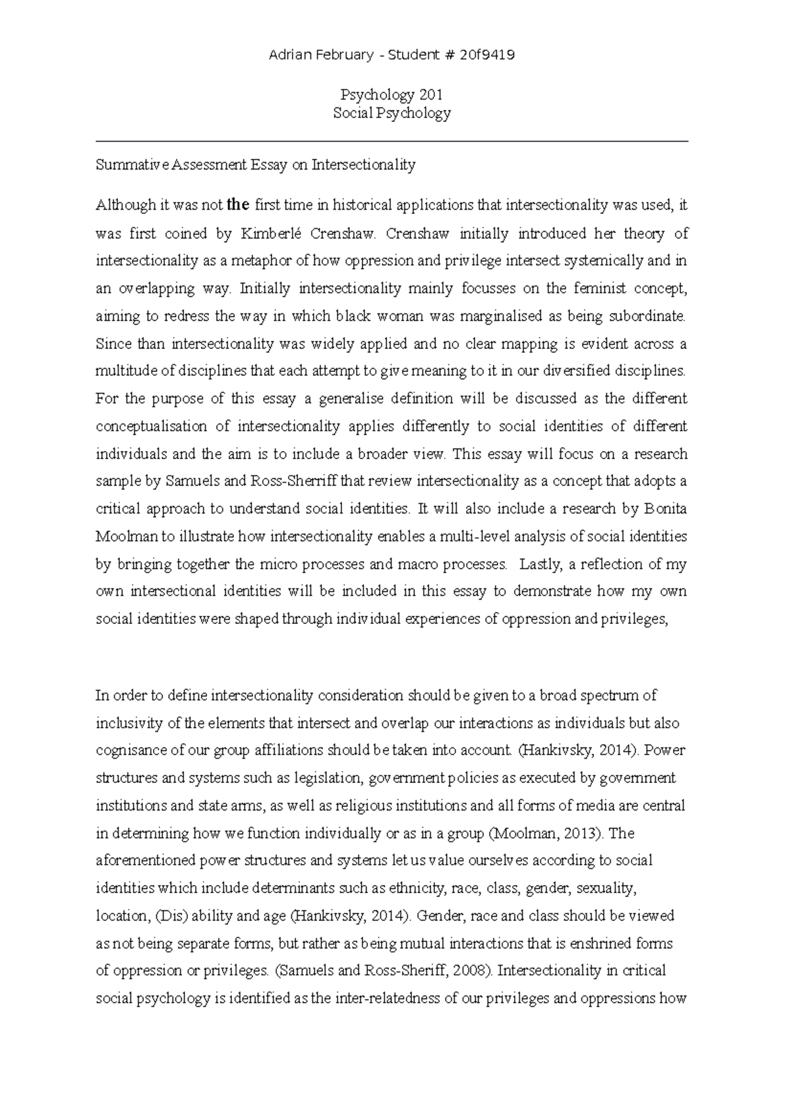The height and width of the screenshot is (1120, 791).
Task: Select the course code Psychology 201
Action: coord(392,95)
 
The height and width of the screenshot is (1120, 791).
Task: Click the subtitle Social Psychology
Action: coord(392,113)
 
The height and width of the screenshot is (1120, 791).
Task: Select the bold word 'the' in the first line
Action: coord(238,205)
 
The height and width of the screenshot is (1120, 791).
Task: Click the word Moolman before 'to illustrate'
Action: coord(127,536)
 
